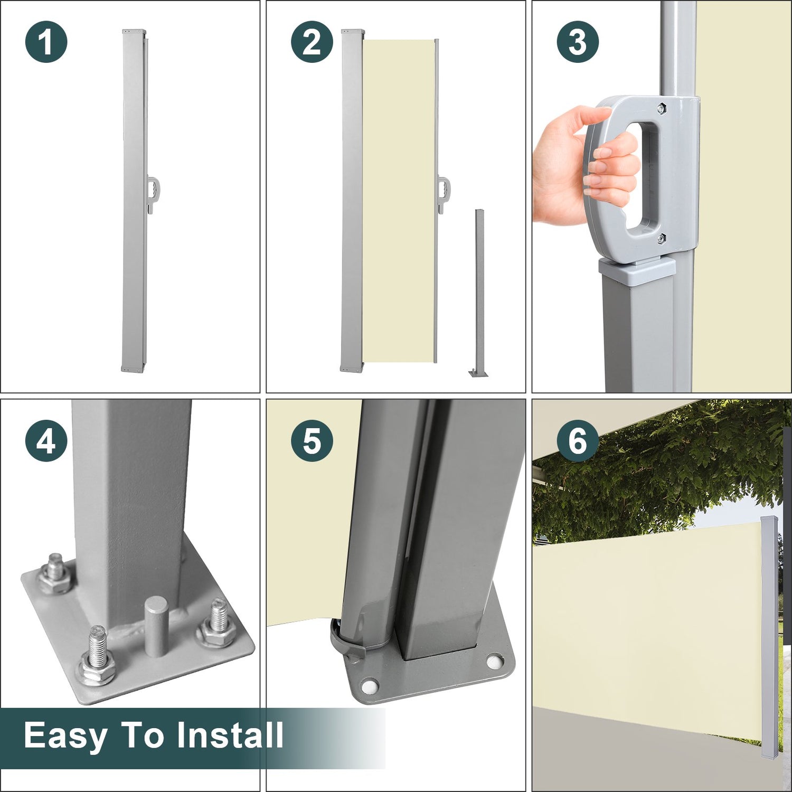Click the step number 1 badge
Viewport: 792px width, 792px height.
(x=46, y=42)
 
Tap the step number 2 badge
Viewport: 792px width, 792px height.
(x=312, y=42)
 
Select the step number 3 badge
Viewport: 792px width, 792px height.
(x=578, y=42)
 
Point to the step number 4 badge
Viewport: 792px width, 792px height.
(x=46, y=441)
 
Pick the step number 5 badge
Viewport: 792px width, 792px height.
(x=312, y=441)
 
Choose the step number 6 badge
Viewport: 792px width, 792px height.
(x=578, y=441)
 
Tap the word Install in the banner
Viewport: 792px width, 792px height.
(x=230, y=734)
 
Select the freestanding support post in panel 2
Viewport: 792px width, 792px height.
(x=479, y=293)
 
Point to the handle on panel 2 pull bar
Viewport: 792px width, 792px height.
(x=445, y=190)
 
